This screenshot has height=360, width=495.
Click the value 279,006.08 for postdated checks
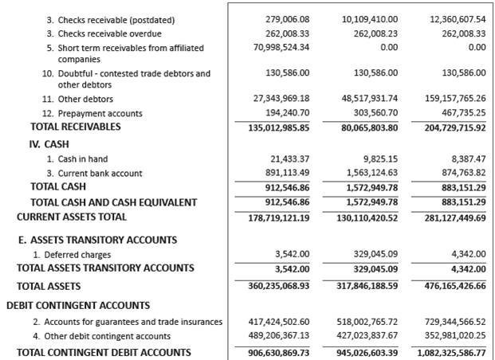[x=287, y=19]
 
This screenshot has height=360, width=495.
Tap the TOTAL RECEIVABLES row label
[x=75, y=127]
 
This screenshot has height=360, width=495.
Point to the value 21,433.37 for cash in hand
[x=289, y=159]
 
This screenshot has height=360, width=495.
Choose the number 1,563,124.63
[x=368, y=173]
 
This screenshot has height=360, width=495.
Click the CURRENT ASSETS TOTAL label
[x=71, y=217]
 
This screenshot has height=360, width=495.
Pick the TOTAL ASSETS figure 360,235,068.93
[x=278, y=286]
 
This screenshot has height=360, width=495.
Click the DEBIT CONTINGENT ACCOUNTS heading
[x=78, y=305]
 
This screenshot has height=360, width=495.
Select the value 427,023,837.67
[x=368, y=335]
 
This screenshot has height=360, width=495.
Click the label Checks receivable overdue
[x=109, y=33]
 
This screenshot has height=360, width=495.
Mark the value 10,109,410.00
[x=368, y=19]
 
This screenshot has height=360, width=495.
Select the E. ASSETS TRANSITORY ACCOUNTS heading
[x=96, y=240]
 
